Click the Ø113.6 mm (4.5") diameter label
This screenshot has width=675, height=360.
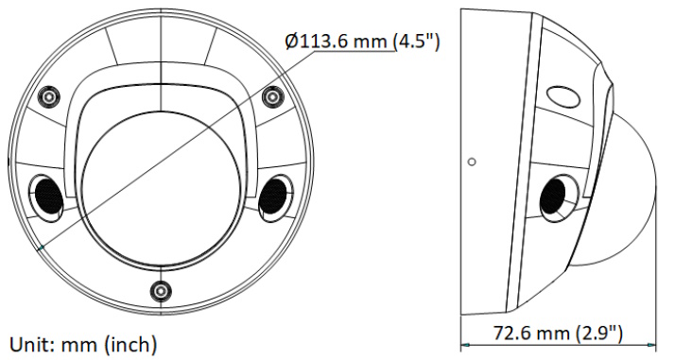point(362,42)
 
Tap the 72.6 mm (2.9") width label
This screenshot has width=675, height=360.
point(558,333)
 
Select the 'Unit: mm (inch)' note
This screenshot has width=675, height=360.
point(83,345)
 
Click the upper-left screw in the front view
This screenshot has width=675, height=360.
point(48,96)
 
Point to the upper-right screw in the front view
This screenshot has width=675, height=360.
point(272,96)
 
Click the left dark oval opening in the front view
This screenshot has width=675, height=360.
point(48,196)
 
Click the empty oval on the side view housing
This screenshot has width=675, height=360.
point(563,94)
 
